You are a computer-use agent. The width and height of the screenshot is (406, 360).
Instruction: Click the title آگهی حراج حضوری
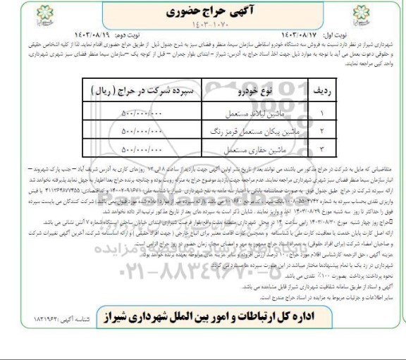[x=202, y=12]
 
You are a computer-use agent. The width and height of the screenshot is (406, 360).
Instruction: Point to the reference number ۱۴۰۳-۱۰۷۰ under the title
[x=202, y=27]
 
